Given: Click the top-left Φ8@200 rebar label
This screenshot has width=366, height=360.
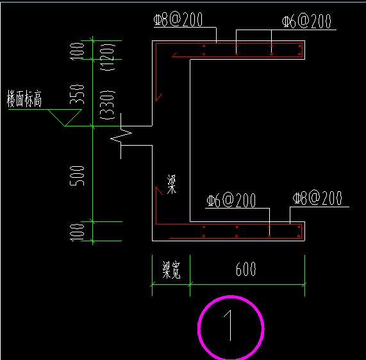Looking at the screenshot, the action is (178, 19).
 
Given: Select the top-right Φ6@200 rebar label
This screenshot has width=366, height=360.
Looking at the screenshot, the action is (306, 21).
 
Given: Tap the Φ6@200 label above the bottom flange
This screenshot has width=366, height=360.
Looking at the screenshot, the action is (231, 200).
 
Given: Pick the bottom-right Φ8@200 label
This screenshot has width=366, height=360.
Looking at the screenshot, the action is (317, 198).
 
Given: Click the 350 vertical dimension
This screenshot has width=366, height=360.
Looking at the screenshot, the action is (77, 94).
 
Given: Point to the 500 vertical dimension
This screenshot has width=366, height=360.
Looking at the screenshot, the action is (77, 176).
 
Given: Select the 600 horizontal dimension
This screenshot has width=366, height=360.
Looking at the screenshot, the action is (245, 269).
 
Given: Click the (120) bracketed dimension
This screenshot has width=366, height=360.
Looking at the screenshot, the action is (108, 56).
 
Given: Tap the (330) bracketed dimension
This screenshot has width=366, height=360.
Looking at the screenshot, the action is (108, 105).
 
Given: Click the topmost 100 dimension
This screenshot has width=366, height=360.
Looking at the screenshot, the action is (77, 51).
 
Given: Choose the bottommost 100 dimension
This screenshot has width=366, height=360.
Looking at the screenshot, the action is (77, 232).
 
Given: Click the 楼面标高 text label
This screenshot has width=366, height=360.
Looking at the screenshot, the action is (24, 99).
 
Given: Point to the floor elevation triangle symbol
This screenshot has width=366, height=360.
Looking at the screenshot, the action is (65, 117).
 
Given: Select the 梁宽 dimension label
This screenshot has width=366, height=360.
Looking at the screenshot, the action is (171, 270).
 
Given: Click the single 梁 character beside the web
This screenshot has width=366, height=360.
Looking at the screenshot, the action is (172, 184).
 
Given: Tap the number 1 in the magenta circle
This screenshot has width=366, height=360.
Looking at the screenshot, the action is (228, 325).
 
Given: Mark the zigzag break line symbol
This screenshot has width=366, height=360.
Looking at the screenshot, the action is (121, 136).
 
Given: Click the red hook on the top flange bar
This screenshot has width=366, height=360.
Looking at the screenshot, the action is (174, 55).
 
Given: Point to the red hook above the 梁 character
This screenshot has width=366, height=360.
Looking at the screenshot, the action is (159, 191).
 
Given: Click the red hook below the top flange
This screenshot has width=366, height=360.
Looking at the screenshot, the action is (158, 97).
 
